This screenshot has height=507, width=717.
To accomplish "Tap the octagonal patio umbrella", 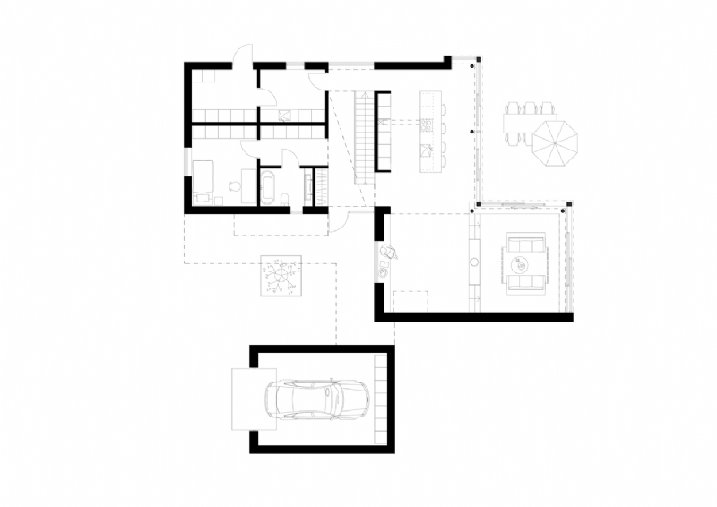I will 555,142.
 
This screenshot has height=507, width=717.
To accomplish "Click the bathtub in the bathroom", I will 268,188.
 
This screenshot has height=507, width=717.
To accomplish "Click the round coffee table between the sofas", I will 523,263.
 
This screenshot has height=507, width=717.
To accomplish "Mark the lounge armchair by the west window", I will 388,254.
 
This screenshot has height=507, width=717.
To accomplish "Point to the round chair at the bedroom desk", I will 235,188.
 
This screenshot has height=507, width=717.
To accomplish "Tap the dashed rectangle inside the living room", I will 411,301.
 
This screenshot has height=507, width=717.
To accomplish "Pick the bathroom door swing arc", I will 290,159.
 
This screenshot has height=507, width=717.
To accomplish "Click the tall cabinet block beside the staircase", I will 383,131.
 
